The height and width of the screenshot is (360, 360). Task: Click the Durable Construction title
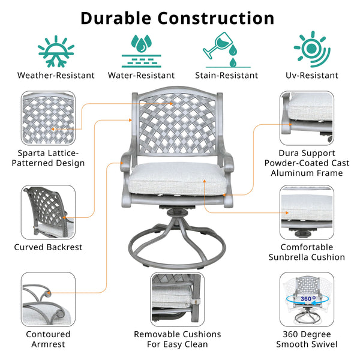(x=177, y=17)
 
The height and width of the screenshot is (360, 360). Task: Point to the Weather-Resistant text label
(x=56, y=76)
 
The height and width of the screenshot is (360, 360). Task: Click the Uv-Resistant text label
(x=312, y=76)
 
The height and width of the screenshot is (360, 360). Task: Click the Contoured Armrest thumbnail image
(x=48, y=299)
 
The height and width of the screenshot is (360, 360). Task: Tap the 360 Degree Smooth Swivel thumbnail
(x=307, y=299)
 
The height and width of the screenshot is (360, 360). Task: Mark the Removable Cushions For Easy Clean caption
(x=177, y=339)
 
